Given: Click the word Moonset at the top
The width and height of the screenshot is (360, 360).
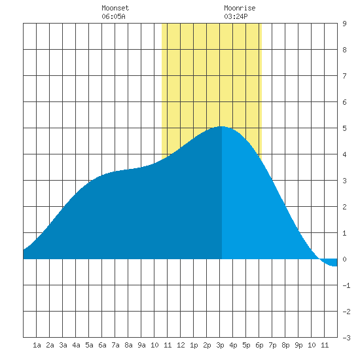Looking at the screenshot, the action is click(115, 8).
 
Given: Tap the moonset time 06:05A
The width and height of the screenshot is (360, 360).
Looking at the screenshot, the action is click(113, 16).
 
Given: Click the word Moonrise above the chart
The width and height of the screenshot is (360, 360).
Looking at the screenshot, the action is click(240, 8).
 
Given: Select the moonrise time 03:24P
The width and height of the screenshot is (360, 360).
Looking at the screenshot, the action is click(236, 16).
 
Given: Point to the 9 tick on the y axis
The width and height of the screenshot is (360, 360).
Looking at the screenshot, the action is click(344, 24).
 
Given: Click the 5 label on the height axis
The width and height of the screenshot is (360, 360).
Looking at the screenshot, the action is click(344, 128).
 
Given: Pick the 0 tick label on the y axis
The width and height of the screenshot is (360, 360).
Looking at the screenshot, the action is click(344, 259).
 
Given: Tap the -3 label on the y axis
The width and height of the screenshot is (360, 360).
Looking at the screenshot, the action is click(346, 338).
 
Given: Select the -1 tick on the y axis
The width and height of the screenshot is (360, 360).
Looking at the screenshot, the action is click(346, 285).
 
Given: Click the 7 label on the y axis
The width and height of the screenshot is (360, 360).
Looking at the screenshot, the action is click(344, 76).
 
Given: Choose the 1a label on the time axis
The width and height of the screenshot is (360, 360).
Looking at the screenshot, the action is click(37, 345).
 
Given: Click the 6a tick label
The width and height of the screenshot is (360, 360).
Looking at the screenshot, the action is click(102, 345).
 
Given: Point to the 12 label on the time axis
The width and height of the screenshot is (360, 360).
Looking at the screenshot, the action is click(181, 345).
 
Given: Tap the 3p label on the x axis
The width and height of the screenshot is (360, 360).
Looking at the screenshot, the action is click(220, 345).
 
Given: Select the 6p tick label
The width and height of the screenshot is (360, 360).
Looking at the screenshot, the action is click(259, 345).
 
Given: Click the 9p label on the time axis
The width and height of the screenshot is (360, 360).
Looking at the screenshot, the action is click(298, 345).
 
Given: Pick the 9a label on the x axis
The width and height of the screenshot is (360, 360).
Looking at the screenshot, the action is click(141, 345).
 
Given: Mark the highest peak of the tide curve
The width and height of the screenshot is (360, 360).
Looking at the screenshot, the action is click(221, 126).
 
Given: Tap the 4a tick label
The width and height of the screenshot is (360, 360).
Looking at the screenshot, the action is click(76, 345).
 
